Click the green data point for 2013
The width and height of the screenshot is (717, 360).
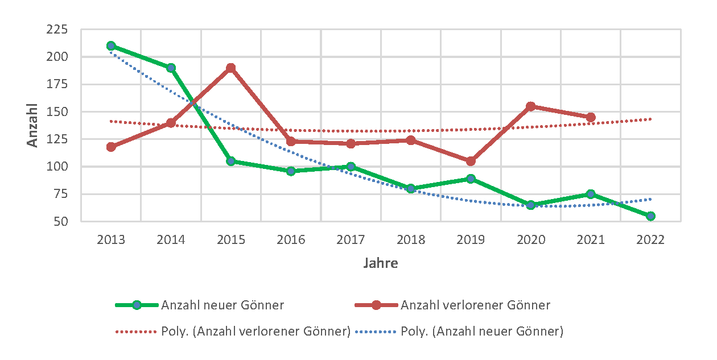pyautogui.click(x=111, y=46)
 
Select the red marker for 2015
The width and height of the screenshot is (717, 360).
pyautogui.click(x=231, y=68)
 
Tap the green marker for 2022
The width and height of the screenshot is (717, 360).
pyautogui.click(x=650, y=216)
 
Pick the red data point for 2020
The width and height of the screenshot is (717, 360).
pyautogui.click(x=531, y=106)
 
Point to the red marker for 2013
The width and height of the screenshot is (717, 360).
pyautogui.click(x=111, y=147)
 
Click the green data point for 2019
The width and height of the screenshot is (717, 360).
pyautogui.click(x=471, y=179)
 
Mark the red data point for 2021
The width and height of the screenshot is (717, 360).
pyautogui.click(x=591, y=117)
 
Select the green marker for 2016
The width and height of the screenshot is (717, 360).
pyautogui.click(x=291, y=171)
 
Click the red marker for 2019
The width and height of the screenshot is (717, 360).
pyautogui.click(x=471, y=161)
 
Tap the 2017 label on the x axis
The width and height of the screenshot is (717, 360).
pyautogui.click(x=351, y=240)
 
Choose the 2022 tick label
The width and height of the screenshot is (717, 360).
pyautogui.click(x=650, y=240)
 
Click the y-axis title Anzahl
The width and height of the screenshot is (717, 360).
pyautogui.click(x=33, y=125)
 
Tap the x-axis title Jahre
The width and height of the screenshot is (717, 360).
pyautogui.click(x=381, y=263)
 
